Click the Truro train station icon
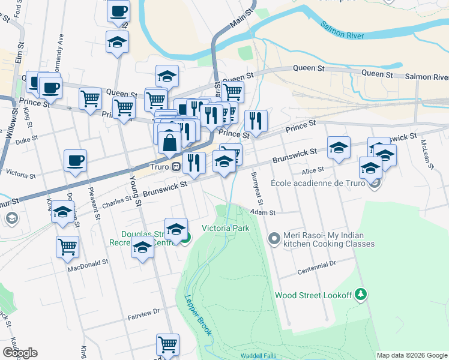tap(176, 166)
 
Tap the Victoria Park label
tap(225, 229)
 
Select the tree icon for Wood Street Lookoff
tap(360, 295)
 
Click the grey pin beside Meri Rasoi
tap(274, 239)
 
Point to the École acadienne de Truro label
tap(318, 183)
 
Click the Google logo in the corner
tap(20, 353)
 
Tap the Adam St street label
tap(263, 212)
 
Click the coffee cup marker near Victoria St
tap(76, 160)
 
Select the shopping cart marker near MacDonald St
tap(67, 245)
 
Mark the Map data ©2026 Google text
tap(412, 355)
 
